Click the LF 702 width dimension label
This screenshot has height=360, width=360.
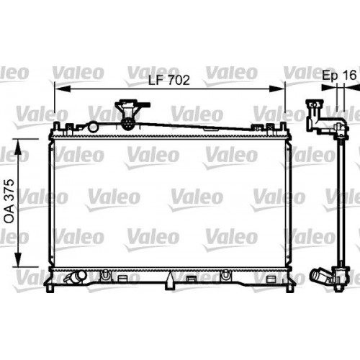point(168,81)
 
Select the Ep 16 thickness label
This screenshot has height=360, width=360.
point(338,74)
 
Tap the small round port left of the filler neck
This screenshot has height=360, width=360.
point(91,127)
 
